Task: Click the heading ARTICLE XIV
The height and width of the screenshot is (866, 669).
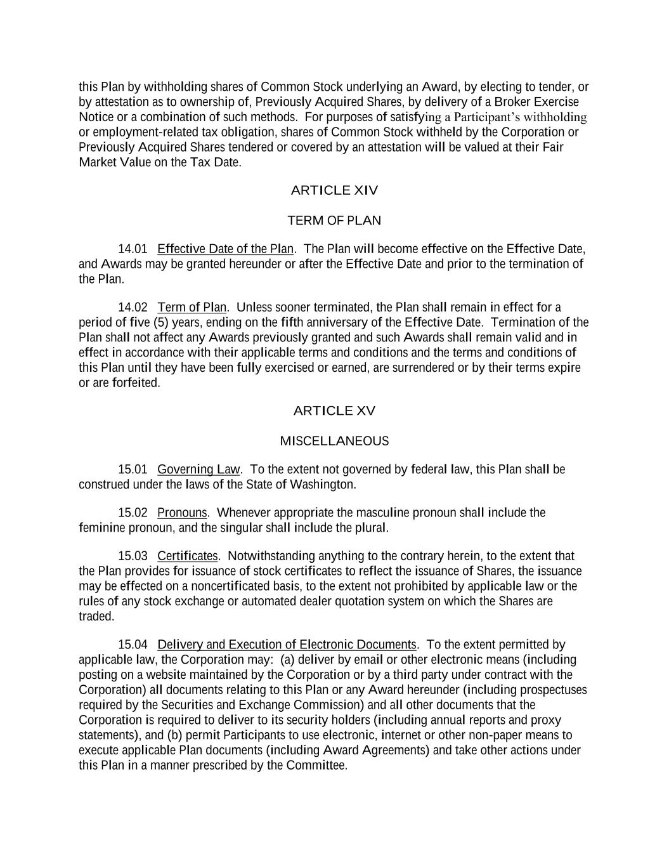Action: pos(334,190)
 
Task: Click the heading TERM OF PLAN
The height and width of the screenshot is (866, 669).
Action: pos(334,221)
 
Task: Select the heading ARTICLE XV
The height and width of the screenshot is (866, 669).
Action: pos(334,411)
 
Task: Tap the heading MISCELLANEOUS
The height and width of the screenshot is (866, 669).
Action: pos(334,441)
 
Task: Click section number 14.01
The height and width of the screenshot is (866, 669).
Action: pos(133,249)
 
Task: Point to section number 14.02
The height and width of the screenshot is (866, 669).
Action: pos(133,308)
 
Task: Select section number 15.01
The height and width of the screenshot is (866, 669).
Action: pos(133,469)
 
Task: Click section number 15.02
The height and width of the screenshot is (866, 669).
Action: pos(133,513)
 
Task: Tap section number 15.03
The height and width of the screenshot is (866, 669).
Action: pos(133,556)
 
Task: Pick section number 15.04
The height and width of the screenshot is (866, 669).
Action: pos(133,645)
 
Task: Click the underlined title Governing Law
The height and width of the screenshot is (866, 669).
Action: pos(198,469)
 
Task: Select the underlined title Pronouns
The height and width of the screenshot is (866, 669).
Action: pos(182,513)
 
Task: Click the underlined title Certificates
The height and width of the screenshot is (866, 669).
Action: pos(187,556)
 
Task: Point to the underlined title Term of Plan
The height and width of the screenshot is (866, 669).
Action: pos(192,308)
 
